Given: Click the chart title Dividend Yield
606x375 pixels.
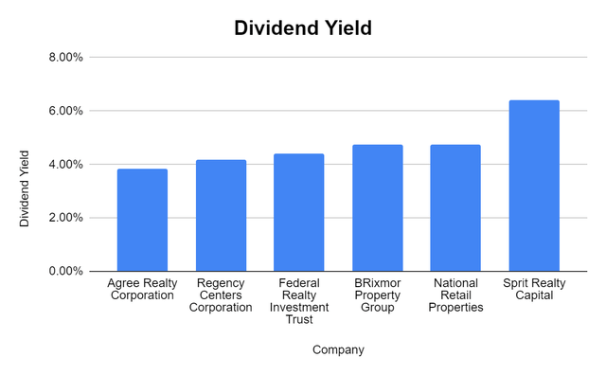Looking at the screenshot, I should pyautogui.click(x=303, y=28).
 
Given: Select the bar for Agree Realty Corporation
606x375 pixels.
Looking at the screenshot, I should pyautogui.click(x=142, y=220).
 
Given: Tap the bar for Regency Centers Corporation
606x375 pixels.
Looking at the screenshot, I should pyautogui.click(x=221, y=215).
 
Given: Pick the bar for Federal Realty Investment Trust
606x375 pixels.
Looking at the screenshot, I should pyautogui.click(x=299, y=212).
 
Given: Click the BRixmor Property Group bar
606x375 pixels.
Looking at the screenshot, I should pyautogui.click(x=378, y=207).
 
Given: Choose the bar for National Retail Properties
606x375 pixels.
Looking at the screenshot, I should pyautogui.click(x=455, y=207).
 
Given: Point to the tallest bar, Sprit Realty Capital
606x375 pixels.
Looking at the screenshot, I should pyautogui.click(x=534, y=186).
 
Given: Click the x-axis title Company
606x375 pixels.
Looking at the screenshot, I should pyautogui.click(x=338, y=349).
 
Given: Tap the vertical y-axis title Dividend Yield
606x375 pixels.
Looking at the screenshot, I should pyautogui.click(x=26, y=188).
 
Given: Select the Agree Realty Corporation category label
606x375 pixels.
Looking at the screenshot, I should pyautogui.click(x=142, y=289).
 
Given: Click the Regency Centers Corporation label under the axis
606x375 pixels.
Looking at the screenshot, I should pyautogui.click(x=221, y=295).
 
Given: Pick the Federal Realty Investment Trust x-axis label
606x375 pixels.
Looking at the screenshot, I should pyautogui.click(x=299, y=301).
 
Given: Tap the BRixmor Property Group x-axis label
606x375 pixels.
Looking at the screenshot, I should pyautogui.click(x=378, y=295).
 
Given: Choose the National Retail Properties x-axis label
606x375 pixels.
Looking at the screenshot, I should pyautogui.click(x=455, y=295).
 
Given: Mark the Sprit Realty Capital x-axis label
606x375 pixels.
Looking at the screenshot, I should pyautogui.click(x=534, y=289).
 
